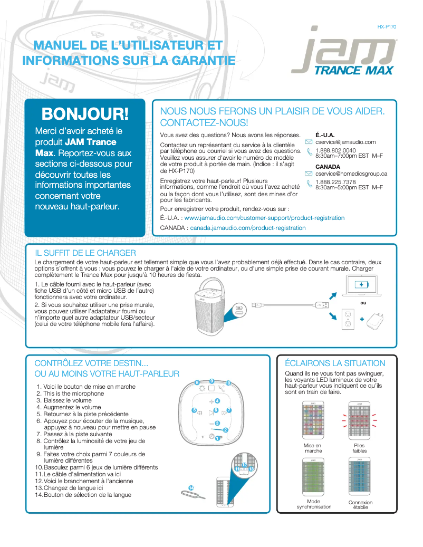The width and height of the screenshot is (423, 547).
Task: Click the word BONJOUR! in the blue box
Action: click(x=85, y=113)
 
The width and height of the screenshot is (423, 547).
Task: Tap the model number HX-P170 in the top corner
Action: click(x=387, y=26)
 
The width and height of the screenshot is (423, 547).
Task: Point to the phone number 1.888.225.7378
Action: click(x=335, y=182)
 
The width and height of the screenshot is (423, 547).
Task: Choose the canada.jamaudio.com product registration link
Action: click(x=247, y=228)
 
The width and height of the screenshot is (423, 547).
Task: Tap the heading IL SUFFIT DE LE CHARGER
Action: click(x=85, y=253)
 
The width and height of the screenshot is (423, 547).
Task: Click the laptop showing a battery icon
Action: click(x=361, y=286)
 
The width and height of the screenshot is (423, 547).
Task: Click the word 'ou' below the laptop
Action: click(x=362, y=303)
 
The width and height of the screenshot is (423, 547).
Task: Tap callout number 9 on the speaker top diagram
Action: click(x=211, y=380)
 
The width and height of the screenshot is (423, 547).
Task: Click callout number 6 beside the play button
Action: click(x=215, y=410)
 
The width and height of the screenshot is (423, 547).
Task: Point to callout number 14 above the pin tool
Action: click(x=190, y=487)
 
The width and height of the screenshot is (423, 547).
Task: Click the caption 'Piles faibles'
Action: click(x=359, y=448)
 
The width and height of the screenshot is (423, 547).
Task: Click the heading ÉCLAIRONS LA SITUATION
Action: click(x=335, y=363)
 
